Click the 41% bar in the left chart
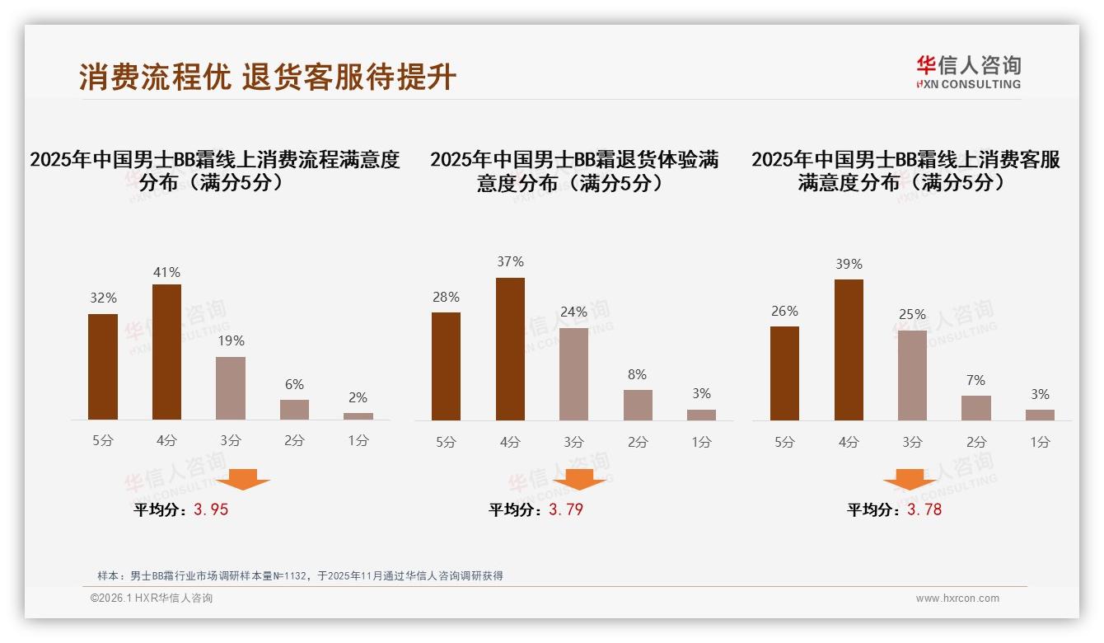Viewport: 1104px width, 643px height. [x=166, y=352]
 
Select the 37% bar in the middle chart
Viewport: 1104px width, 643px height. [x=510, y=349]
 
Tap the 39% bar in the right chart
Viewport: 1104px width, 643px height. [x=849, y=350]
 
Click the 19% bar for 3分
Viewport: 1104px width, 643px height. [x=231, y=388]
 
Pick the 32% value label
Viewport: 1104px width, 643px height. [x=103, y=298]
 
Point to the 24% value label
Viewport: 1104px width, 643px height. [x=573, y=312]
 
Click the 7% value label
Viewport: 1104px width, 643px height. [x=975, y=380]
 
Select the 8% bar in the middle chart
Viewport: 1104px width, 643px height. [x=638, y=405]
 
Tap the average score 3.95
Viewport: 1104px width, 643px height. [x=211, y=509]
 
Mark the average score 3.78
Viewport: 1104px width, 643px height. [x=924, y=509]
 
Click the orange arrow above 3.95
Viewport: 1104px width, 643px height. [x=243, y=479]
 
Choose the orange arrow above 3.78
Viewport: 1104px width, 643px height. [x=910, y=479]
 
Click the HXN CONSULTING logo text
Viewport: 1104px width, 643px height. [x=968, y=84]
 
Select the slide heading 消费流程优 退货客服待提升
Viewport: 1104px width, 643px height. [x=268, y=77]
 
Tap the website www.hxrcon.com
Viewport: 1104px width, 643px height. [x=957, y=598]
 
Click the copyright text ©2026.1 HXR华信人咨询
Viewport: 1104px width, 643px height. [x=152, y=598]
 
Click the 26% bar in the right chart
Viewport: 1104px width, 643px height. [x=784, y=373]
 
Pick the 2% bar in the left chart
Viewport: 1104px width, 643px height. [x=358, y=416]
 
